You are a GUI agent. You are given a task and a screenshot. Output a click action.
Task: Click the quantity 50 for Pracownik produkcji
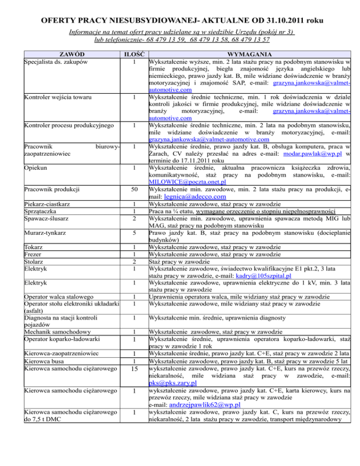click(134, 189)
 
